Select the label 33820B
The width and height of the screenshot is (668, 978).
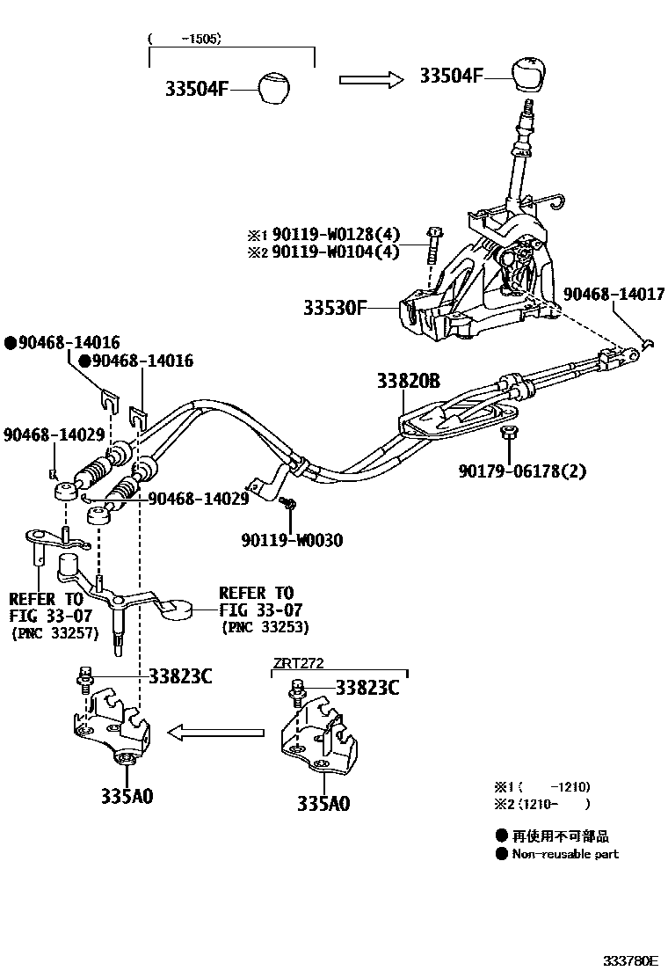pos(408,382)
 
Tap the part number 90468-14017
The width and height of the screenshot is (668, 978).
pos(614,295)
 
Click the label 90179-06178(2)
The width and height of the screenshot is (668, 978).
pos(521,471)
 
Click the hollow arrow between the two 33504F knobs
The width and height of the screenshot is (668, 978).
pos(370,79)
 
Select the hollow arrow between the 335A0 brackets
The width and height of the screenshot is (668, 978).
pos(216,732)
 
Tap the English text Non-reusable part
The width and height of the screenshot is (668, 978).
pos(564,853)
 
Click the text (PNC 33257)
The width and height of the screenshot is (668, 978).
pos(54,632)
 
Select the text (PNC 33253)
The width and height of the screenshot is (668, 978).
pos(265,626)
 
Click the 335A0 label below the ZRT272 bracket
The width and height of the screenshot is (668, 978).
pos(323,802)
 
